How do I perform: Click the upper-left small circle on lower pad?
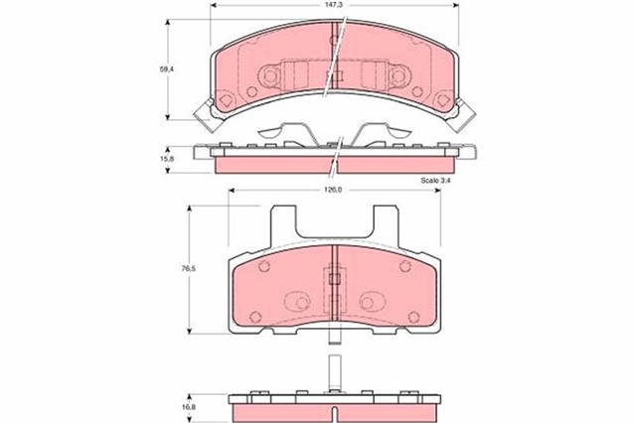click(263, 266)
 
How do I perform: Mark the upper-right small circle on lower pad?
click(404, 266)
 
